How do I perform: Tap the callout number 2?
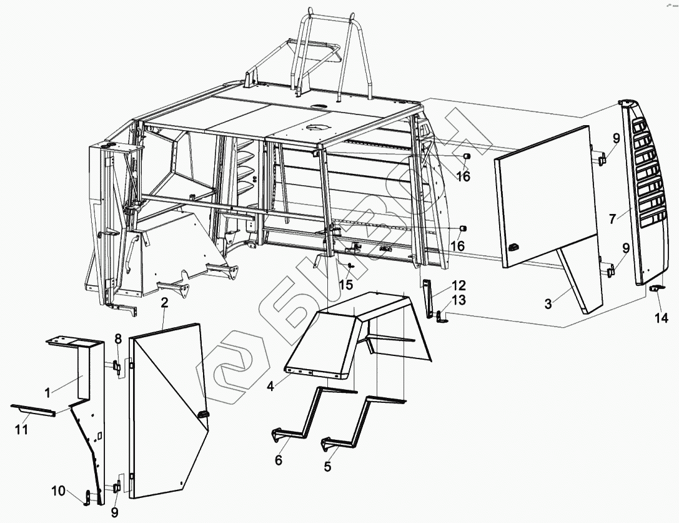(164, 303)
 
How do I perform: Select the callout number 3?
(548, 304)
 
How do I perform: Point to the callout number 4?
(270, 386)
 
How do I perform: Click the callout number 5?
(327, 466)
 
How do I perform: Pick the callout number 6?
(279, 460)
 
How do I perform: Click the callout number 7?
(612, 219)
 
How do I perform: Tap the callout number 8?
(117, 338)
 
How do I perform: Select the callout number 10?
(59, 491)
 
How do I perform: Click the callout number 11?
(22, 430)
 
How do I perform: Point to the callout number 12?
(458, 285)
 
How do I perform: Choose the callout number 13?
(458, 300)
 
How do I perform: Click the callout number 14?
(662, 318)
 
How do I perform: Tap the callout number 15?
(346, 285)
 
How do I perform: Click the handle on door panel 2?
(203, 415)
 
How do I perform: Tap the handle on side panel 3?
(514, 247)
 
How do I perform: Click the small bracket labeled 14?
(657, 288)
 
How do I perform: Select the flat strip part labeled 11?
(33, 410)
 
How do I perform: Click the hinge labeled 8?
(117, 366)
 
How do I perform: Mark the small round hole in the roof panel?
(320, 105)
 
